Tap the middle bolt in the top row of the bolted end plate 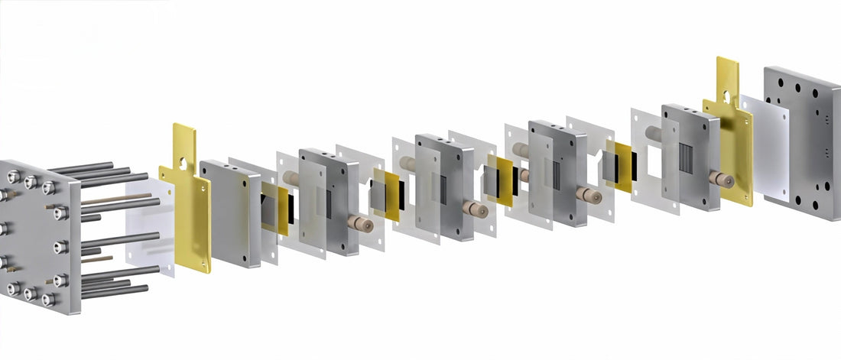coord(31,182)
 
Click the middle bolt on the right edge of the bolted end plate coord(60,247)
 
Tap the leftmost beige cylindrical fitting coord(291,177)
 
